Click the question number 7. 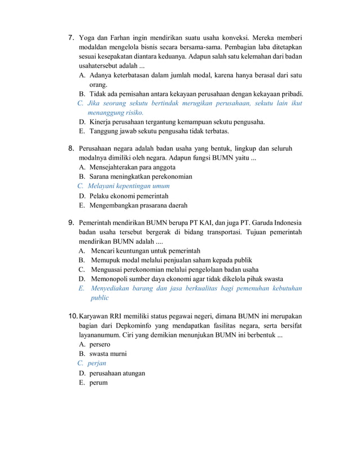(x=71, y=38)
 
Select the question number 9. (x=71, y=222)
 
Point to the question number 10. (x=73, y=315)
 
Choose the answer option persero (x=100, y=344)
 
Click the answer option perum (x=98, y=383)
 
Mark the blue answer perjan (x=97, y=363)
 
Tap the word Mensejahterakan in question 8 (x=116, y=168)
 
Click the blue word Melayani (x=102, y=186)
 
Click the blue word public (x=100, y=297)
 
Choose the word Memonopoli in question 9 (x=109, y=279)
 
